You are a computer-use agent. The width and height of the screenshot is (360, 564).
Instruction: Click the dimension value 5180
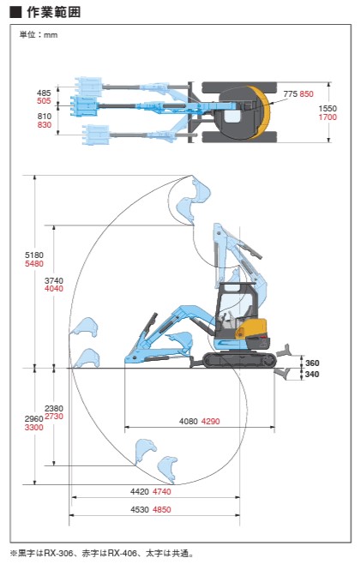click(x=33, y=255)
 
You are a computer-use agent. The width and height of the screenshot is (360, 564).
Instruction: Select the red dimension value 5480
click(x=33, y=264)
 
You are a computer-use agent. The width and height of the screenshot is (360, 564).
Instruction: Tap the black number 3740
click(x=54, y=280)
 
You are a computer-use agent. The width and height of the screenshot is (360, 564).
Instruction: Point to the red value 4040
click(x=54, y=289)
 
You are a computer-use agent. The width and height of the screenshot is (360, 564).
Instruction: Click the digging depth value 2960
click(x=33, y=418)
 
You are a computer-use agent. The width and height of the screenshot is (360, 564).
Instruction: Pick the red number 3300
click(x=33, y=428)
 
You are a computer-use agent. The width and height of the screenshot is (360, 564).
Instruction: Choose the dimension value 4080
click(x=189, y=421)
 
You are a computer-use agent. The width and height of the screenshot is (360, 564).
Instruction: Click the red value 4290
click(x=210, y=421)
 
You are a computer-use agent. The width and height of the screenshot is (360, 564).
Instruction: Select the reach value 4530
click(x=140, y=510)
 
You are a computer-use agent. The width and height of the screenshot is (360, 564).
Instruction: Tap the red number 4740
click(x=161, y=492)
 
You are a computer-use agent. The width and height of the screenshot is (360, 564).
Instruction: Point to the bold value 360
click(x=312, y=363)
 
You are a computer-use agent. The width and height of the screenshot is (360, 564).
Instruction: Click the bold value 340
click(x=312, y=374)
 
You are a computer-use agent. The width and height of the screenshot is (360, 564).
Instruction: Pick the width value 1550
click(x=327, y=108)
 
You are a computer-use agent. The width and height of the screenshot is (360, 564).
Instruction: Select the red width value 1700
click(x=327, y=117)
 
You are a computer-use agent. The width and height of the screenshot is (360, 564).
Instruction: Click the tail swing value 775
click(x=291, y=94)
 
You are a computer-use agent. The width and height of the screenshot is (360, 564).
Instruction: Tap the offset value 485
click(x=44, y=93)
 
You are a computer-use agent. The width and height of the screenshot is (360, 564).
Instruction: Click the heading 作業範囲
click(x=54, y=12)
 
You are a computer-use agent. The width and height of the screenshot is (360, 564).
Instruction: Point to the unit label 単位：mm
click(x=39, y=35)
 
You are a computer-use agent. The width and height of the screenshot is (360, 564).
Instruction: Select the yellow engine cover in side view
click(x=254, y=327)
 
